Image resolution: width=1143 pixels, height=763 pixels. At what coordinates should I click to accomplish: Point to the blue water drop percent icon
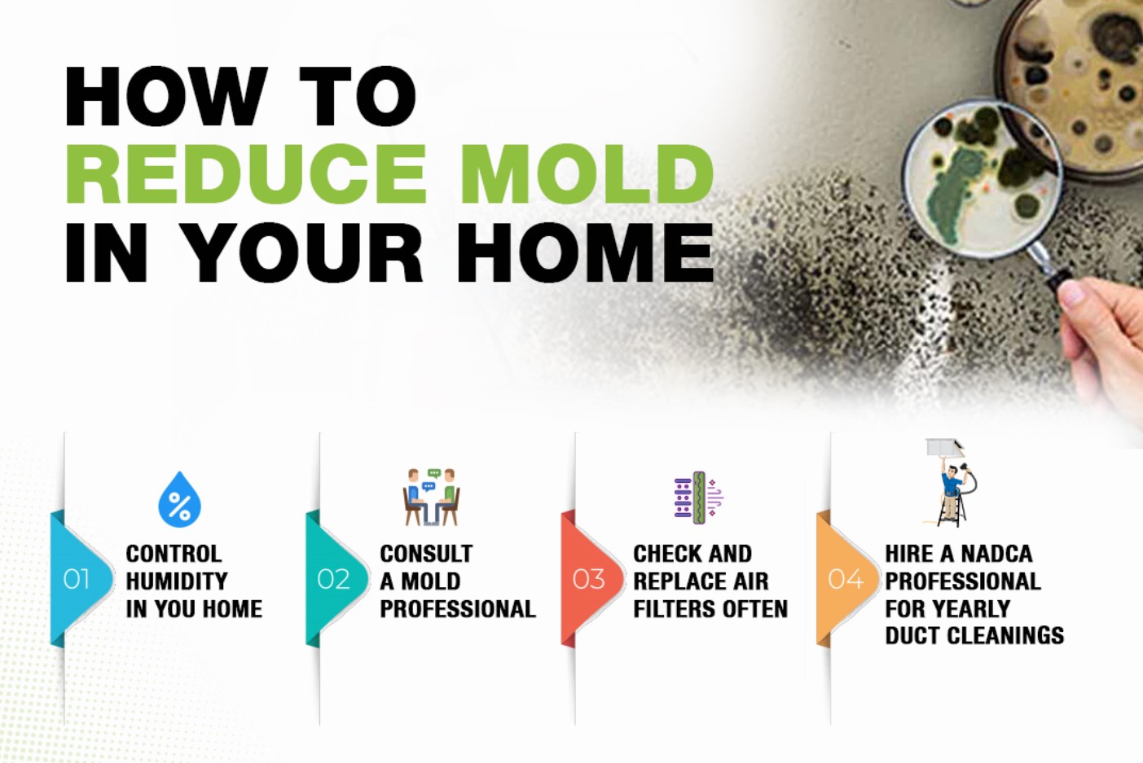[179, 500]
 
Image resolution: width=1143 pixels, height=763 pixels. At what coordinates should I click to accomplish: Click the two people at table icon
[432, 497]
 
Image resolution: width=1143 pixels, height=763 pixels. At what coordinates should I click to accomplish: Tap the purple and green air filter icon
[697, 496]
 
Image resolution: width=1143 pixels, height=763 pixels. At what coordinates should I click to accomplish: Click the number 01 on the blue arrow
[76, 579]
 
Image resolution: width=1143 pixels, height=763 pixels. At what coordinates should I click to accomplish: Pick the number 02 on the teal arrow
[332, 579]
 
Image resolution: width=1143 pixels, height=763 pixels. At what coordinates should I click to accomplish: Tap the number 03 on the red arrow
[588, 579]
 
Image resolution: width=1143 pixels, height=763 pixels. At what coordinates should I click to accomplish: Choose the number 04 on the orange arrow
[845, 579]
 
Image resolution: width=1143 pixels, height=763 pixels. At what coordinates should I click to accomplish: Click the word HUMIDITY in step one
[177, 581]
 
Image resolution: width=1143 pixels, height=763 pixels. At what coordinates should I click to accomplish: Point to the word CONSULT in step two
[426, 554]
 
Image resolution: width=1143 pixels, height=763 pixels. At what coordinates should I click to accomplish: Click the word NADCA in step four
[996, 554]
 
